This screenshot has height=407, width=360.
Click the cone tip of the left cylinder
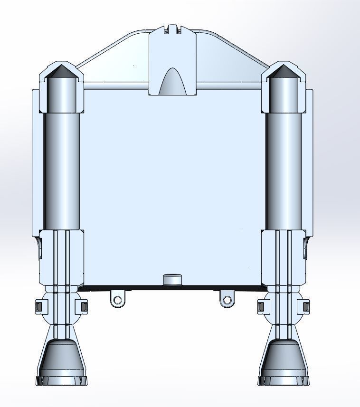(x=61, y=71)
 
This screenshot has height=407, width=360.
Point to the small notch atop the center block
(x=172, y=29)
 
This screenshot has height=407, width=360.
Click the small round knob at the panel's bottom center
(x=172, y=279)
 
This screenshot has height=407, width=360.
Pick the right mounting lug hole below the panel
(x=227, y=300)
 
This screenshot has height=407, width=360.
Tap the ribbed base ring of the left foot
(x=62, y=380)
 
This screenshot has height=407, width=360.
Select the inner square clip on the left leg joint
(x=83, y=307)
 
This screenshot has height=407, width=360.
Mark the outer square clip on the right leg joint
(x=306, y=307)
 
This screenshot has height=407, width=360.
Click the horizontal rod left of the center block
(x=116, y=87)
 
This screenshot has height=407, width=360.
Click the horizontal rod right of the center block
(x=228, y=87)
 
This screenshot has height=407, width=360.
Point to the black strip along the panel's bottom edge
(x=142, y=287)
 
